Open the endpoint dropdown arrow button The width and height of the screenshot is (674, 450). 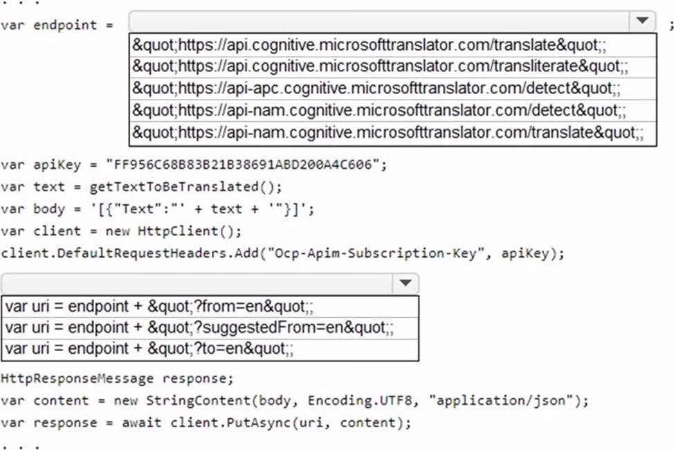point(643,21)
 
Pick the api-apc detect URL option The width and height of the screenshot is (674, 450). point(376,88)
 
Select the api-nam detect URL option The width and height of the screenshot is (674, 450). point(379,109)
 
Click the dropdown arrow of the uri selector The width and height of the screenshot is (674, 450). point(405,283)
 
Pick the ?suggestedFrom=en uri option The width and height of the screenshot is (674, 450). point(199,327)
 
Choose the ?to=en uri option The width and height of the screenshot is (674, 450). point(149,349)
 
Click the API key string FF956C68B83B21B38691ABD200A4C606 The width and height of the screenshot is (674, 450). point(243,165)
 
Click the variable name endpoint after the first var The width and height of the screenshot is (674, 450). point(65,25)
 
